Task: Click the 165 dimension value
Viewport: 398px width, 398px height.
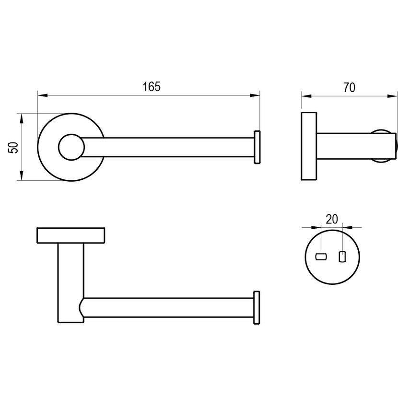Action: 152,87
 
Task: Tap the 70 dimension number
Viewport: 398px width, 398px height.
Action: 349,88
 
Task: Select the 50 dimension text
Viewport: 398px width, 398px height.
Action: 13,148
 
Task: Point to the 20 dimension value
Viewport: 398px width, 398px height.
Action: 332,219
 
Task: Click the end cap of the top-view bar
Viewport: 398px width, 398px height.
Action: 257,147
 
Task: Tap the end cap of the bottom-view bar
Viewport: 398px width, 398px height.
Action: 257,308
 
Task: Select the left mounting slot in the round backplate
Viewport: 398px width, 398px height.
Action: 321,257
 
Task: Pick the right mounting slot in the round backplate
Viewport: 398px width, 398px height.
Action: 342,257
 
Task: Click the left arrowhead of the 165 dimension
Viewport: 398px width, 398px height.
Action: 43,96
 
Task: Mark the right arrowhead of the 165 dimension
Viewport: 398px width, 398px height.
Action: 255,96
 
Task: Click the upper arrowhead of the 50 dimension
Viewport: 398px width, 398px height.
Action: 22,118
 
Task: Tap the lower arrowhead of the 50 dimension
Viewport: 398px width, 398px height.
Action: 22,176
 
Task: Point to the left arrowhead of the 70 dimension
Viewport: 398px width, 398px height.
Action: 306,96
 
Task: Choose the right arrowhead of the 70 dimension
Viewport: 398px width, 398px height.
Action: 392,96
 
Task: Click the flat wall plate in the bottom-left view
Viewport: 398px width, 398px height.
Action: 71,235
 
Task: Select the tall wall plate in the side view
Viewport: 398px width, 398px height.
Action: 309,146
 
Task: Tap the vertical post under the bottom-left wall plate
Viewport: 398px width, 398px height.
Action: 71,283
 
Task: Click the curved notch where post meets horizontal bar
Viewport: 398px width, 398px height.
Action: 81,307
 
